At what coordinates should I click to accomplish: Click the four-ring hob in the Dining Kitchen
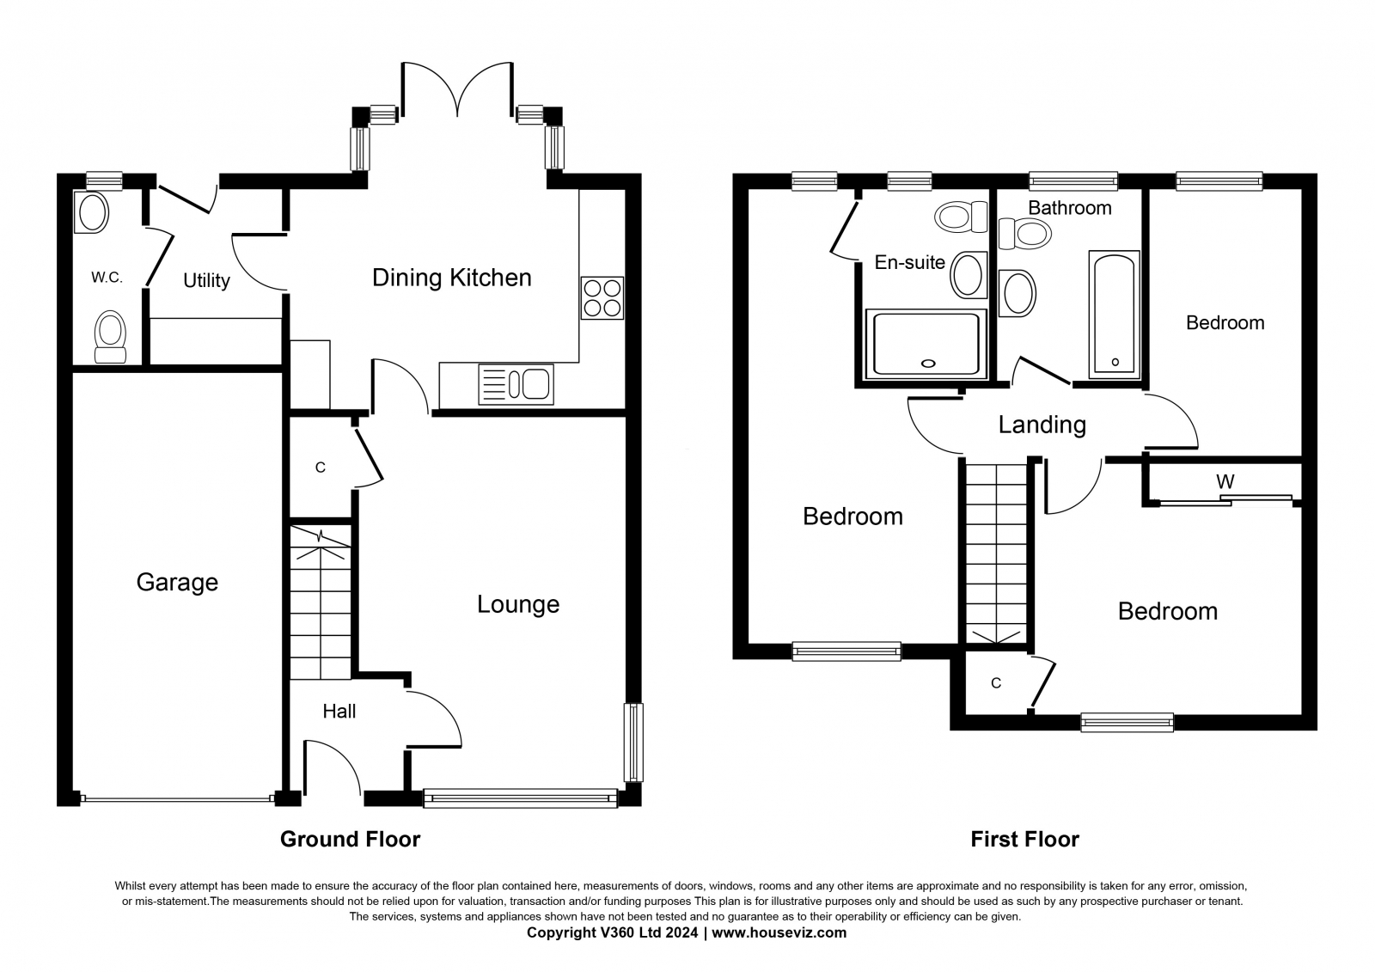(602, 298)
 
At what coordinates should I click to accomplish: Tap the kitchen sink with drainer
(516, 384)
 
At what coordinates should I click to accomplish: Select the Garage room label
(177, 582)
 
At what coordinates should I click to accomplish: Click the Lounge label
(518, 604)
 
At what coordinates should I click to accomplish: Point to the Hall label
(339, 711)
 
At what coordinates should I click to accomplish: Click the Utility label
(207, 281)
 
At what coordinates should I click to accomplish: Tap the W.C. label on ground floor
(107, 278)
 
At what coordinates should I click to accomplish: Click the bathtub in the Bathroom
(1114, 314)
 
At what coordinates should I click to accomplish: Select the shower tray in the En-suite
(926, 344)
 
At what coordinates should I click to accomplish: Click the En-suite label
(910, 262)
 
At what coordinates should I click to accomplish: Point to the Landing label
(1042, 425)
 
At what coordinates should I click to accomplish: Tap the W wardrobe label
(1225, 480)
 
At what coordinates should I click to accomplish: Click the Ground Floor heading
(350, 839)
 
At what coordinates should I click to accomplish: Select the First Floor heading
(1024, 839)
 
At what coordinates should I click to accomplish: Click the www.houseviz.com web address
(779, 932)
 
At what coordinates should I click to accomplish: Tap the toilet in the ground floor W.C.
(111, 337)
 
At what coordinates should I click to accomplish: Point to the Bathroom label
(1070, 207)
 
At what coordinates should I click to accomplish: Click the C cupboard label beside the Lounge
(320, 468)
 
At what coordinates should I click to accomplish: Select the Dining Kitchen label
(452, 278)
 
